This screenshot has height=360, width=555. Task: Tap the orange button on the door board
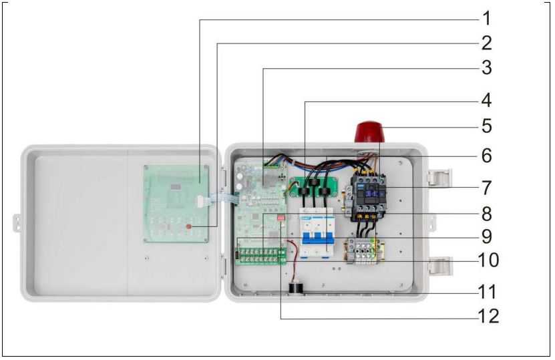coord(188,227)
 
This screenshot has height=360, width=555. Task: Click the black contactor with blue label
coord(366,194)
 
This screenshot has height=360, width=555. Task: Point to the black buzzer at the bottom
coord(295,289)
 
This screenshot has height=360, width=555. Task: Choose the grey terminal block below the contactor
coord(361,252)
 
